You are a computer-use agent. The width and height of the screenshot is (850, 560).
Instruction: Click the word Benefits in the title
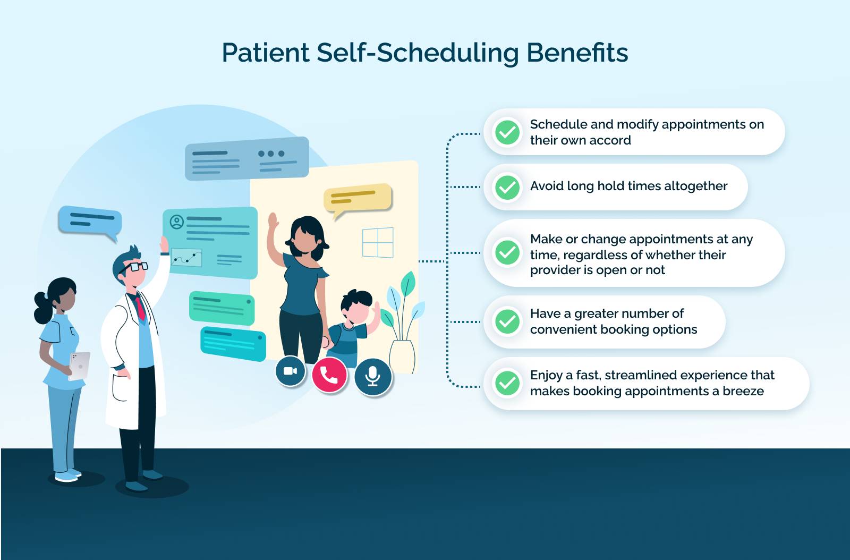(577, 53)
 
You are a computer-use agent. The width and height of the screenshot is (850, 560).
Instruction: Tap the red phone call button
(329, 375)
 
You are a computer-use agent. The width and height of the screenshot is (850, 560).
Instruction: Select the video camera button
(291, 371)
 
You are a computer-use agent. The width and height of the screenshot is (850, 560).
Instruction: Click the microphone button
(373, 376)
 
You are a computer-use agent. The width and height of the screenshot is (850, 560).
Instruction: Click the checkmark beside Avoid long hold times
(507, 187)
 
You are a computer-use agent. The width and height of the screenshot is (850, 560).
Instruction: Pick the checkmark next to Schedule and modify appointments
(507, 132)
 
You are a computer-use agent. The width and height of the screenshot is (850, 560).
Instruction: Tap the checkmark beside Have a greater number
(507, 321)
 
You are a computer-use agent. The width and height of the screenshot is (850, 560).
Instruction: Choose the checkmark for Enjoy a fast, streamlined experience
(507, 383)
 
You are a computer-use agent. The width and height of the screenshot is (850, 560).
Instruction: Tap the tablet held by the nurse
(80, 366)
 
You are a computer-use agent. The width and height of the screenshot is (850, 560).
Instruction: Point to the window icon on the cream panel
(378, 243)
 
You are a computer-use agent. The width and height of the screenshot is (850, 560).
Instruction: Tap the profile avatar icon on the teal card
(176, 222)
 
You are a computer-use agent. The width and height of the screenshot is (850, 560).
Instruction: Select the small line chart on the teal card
(186, 258)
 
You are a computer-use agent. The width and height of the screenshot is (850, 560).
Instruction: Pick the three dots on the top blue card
(271, 154)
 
